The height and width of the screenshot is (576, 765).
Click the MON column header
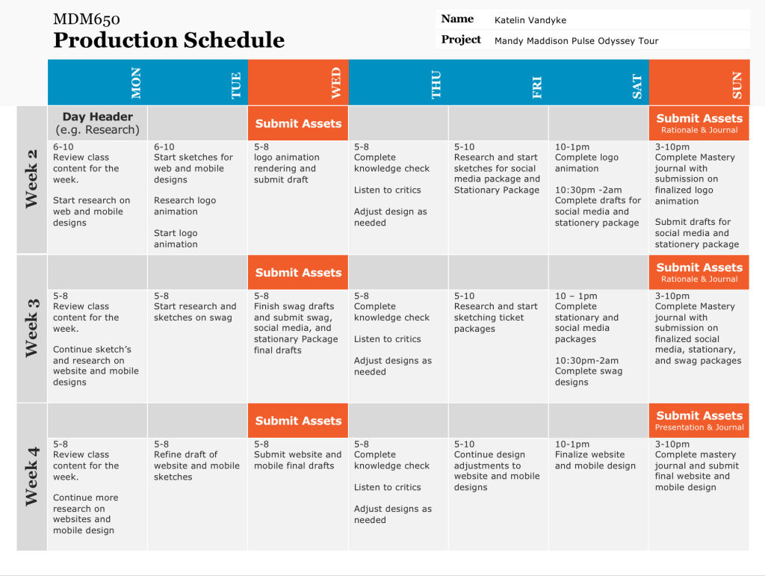(x=136, y=83)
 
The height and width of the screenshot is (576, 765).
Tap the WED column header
(x=336, y=83)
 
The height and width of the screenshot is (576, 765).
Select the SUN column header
(x=737, y=85)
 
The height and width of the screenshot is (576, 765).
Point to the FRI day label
(x=536, y=87)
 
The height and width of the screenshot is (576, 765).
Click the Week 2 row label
(x=31, y=179)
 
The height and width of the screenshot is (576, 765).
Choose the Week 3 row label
(x=31, y=328)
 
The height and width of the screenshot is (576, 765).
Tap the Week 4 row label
(x=31, y=477)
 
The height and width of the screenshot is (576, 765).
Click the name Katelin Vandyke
(x=530, y=20)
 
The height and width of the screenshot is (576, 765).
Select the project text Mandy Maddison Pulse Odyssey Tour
(x=576, y=41)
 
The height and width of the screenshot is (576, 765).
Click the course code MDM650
(x=87, y=19)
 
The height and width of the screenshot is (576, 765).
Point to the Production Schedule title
(x=169, y=40)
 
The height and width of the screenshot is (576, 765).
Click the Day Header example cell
(x=98, y=123)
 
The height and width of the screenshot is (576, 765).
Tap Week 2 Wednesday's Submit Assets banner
(x=298, y=123)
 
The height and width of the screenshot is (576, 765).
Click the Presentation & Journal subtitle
(x=699, y=428)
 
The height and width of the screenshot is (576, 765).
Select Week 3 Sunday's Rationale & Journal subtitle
(x=699, y=279)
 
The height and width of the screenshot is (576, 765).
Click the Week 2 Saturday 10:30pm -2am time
(x=589, y=190)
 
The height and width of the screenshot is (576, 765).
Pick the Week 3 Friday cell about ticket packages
(x=496, y=312)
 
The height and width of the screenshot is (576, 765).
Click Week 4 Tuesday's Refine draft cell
(x=196, y=460)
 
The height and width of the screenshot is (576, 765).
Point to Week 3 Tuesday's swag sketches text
(x=195, y=312)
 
